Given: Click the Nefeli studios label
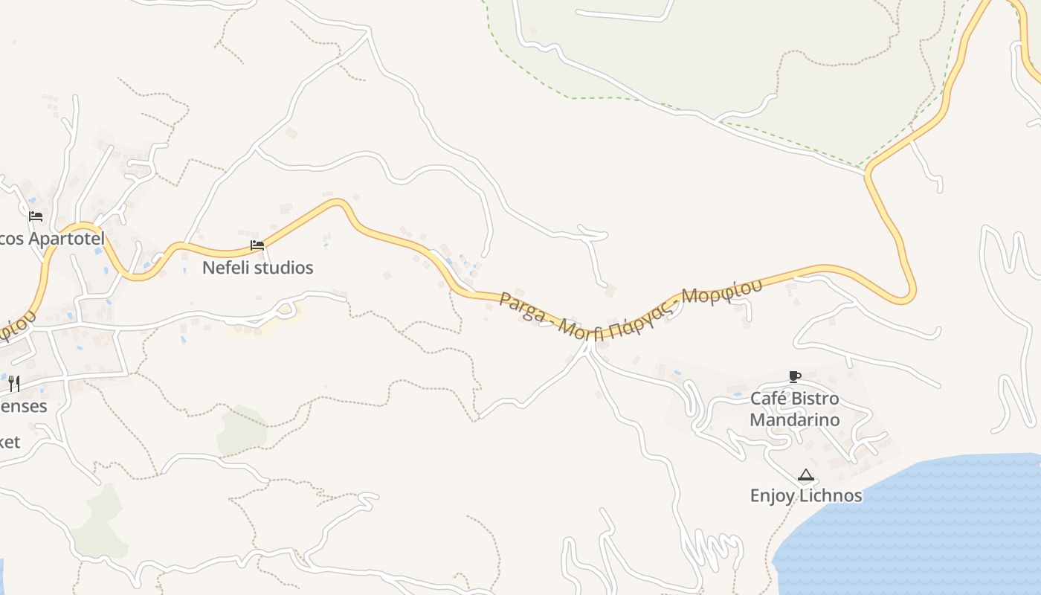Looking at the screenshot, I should pos(257,268).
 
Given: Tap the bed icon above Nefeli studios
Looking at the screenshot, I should pos(257,245).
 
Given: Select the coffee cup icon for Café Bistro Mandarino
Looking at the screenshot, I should pos(794,376).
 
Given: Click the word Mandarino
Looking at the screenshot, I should pos(794,419).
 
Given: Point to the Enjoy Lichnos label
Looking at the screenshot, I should pos(806,495).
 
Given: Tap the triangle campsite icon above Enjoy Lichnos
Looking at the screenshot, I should pos(805,475).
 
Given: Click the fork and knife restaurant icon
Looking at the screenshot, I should pos(13,384).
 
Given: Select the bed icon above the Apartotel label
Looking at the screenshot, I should pos(35,216).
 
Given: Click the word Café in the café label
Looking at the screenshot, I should pos(767,399).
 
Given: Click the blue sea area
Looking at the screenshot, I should pos(929,528).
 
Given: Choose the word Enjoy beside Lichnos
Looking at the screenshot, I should pos(773,496).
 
